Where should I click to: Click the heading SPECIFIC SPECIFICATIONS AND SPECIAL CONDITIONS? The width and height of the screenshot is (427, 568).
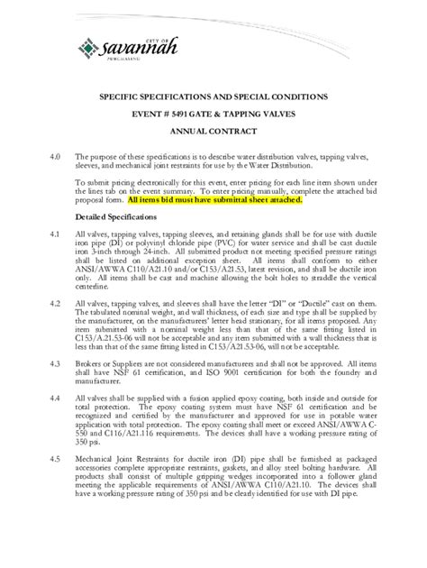[213, 96]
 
